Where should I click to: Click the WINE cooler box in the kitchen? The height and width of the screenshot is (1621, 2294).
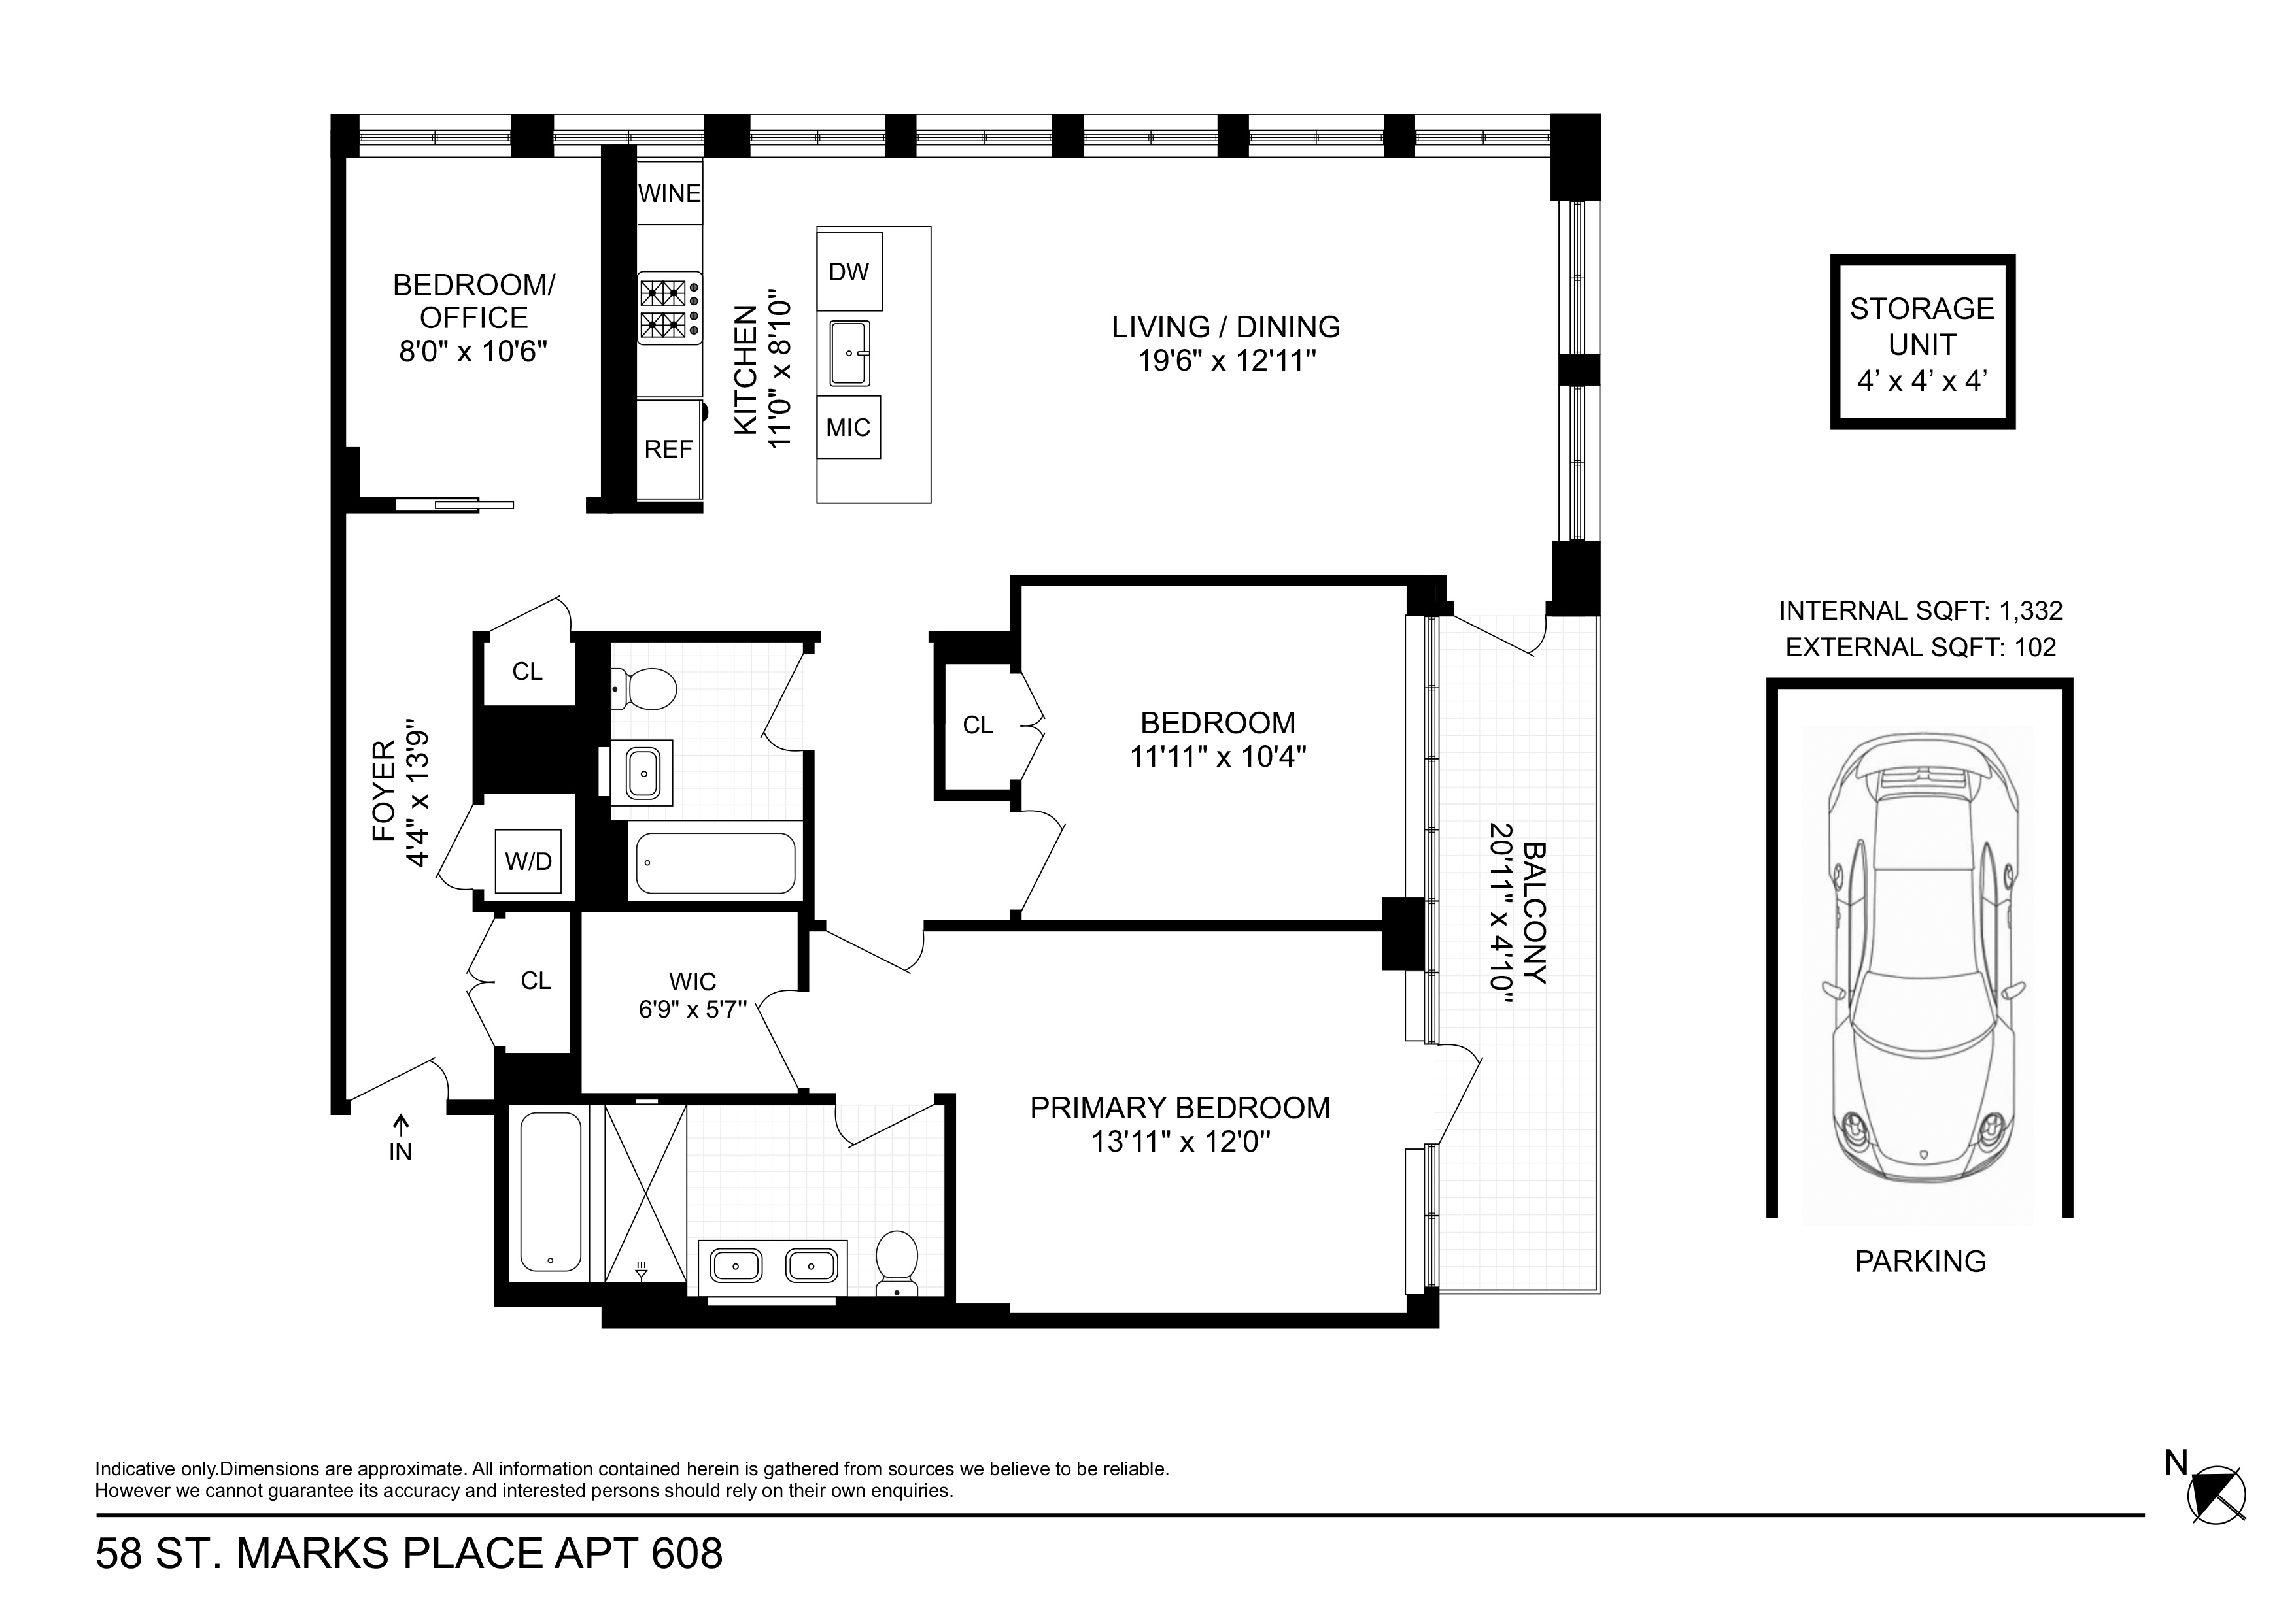[668, 193]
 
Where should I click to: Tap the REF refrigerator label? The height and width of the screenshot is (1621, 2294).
[668, 450]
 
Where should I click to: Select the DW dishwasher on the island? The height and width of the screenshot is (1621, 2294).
[849, 272]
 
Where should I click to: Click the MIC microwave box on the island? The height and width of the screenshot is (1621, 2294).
[848, 427]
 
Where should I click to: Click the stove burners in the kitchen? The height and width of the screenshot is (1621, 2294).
[668, 309]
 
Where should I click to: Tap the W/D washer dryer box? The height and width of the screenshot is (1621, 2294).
[528, 861]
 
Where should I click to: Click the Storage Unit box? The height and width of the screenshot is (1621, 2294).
[1921, 343]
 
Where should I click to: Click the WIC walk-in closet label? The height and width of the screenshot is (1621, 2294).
[693, 981]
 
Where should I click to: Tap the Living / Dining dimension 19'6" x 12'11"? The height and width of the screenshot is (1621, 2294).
[1225, 361]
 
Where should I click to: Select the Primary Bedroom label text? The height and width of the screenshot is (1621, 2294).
[1179, 1108]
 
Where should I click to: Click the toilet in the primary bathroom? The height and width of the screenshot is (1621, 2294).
[897, 1262]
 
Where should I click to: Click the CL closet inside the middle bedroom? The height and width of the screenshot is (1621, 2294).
[977, 725]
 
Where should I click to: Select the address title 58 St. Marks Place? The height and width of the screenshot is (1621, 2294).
[409, 1554]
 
